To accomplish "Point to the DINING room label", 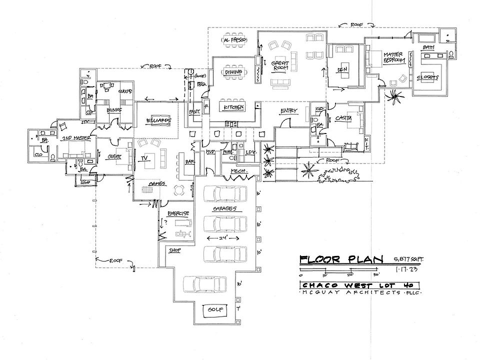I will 233,72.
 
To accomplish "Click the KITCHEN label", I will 233,107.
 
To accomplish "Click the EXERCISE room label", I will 177,213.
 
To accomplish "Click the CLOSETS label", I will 428,77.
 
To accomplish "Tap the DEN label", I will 342,68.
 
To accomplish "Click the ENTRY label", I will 289,111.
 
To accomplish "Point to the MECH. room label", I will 237,171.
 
